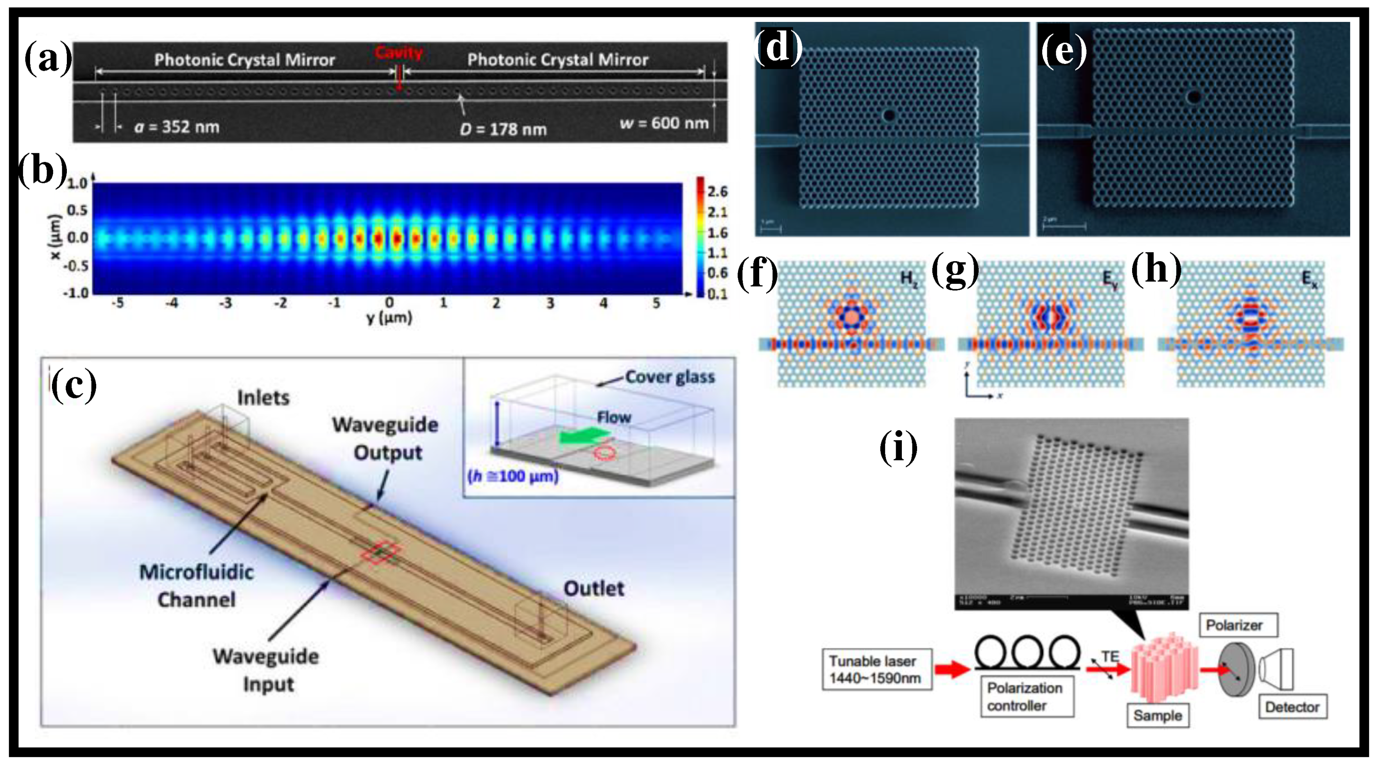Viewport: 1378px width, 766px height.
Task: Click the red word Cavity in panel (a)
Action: pos(398,52)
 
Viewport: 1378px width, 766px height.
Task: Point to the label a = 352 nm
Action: pos(177,127)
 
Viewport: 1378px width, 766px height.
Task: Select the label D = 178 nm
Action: pos(503,129)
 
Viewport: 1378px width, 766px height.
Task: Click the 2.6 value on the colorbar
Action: pos(717,192)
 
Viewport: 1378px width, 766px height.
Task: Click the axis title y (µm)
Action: pos(389,318)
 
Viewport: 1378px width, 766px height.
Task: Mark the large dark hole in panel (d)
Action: pos(889,115)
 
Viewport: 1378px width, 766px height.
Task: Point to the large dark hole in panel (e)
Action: pos(1193,97)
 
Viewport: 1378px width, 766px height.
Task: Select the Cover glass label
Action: pos(670,377)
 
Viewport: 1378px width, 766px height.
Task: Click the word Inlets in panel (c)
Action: pos(263,397)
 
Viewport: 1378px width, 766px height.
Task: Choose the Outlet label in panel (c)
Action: pos(594,588)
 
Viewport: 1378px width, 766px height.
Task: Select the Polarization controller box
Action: pos(1026,696)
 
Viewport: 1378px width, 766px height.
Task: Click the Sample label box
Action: pos(1158,715)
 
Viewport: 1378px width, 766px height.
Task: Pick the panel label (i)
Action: pos(898,448)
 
